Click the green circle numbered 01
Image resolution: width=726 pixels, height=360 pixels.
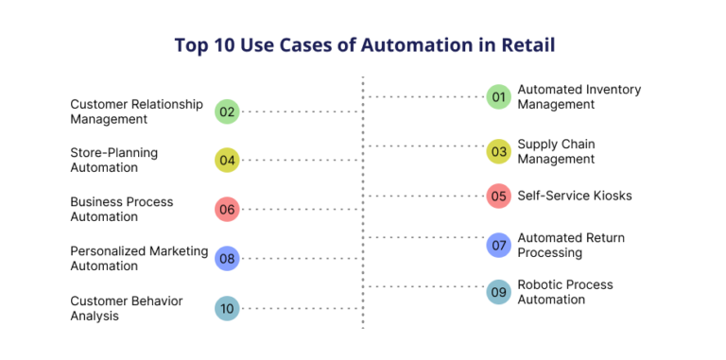coord(499,96)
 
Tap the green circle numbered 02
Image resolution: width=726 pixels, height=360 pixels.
coord(227,111)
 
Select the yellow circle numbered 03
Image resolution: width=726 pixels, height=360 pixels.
coord(499,150)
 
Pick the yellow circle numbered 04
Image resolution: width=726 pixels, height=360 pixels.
coord(227,160)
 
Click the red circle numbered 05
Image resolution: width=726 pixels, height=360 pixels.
coord(499,197)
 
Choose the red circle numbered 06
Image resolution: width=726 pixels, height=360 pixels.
coord(227,209)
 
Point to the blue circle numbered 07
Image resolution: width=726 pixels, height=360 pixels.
coord(499,246)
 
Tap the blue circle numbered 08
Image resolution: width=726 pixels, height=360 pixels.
coord(227,258)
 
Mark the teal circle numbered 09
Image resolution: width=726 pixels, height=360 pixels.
coord(499,292)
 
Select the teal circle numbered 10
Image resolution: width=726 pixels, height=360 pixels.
coord(227,308)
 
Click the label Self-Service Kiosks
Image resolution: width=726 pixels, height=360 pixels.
coord(574,196)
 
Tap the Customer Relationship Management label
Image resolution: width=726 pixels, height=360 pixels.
coord(136,111)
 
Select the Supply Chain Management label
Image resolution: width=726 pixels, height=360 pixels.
coord(556,151)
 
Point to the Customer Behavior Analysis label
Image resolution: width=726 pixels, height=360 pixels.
coord(127,308)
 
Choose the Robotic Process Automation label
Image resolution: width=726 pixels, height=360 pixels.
coord(564,292)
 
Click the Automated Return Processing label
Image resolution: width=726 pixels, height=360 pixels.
coord(570,246)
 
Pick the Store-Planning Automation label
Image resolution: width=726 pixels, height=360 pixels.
coord(114,160)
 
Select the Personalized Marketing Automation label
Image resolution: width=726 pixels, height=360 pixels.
coord(139,258)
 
